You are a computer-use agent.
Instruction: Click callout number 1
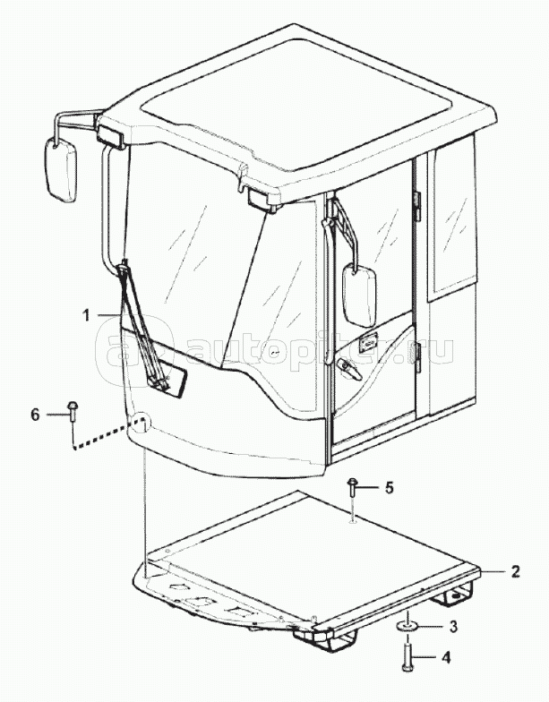(86, 315)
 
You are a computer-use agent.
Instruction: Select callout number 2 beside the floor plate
(515, 571)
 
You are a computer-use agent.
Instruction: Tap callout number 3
(453, 627)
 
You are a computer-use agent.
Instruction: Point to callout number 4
(446, 657)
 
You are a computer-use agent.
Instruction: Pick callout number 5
(389, 487)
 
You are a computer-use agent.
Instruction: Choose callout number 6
(36, 415)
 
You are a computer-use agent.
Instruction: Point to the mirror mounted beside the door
(359, 295)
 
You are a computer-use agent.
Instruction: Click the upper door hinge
(418, 206)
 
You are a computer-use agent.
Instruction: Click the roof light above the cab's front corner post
(262, 197)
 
